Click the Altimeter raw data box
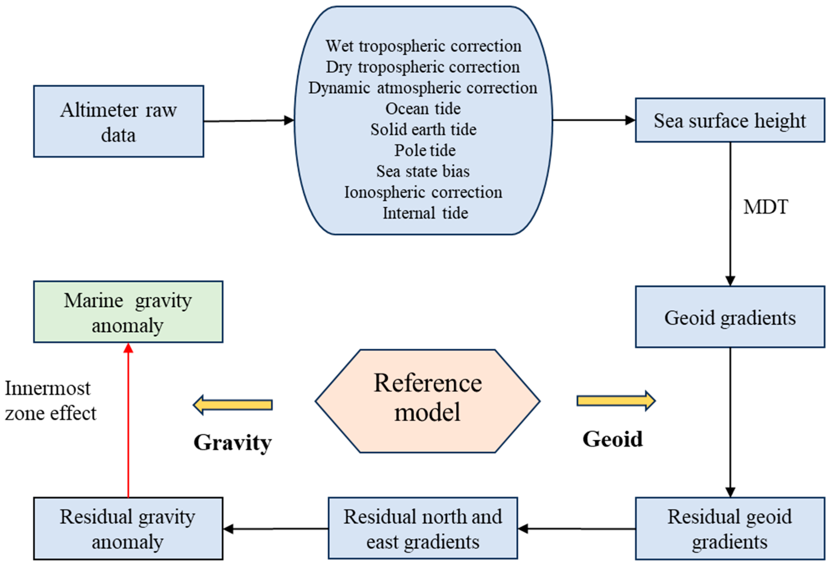(119, 122)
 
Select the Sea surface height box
(730, 120)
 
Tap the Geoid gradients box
(730, 317)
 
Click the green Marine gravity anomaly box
(128, 312)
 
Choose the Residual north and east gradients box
(422, 528)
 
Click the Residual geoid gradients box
(730, 528)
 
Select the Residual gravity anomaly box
(128, 528)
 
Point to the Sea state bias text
(423, 171)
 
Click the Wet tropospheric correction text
(423, 46)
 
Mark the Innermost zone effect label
(50, 401)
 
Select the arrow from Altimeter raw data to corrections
(249, 121)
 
